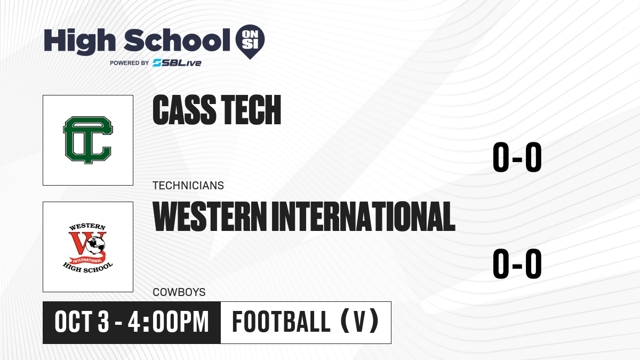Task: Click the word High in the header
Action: click(79, 42)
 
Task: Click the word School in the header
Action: click(177, 40)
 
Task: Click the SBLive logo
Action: click(177, 63)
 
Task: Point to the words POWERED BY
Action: click(129, 63)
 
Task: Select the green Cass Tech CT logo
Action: click(88, 140)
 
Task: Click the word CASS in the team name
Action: click(185, 110)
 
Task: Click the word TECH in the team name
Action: click(251, 110)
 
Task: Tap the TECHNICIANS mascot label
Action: click(188, 186)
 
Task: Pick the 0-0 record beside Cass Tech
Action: click(517, 157)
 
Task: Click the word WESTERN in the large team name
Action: click(210, 217)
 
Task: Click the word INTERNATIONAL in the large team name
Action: click(363, 217)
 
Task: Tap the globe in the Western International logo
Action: click(96, 245)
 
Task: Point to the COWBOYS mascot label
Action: click(179, 292)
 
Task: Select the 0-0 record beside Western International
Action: click(517, 263)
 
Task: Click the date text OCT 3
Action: click(82, 322)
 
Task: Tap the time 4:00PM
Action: click(169, 322)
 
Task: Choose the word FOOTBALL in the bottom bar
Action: click(281, 322)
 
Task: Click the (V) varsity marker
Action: click(359, 322)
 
